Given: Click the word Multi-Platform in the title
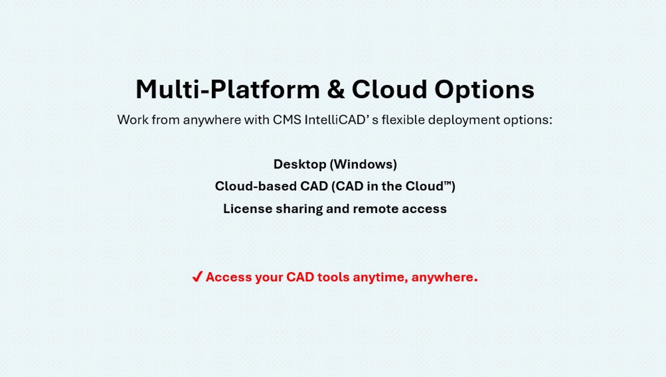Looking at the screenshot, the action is click(x=228, y=89).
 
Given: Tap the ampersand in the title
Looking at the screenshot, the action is click(x=335, y=89).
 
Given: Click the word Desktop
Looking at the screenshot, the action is click(x=300, y=164).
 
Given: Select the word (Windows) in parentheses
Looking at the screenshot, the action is click(x=363, y=164).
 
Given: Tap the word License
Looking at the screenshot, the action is click(x=248, y=209).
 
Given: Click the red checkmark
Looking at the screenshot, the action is click(x=197, y=277).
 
